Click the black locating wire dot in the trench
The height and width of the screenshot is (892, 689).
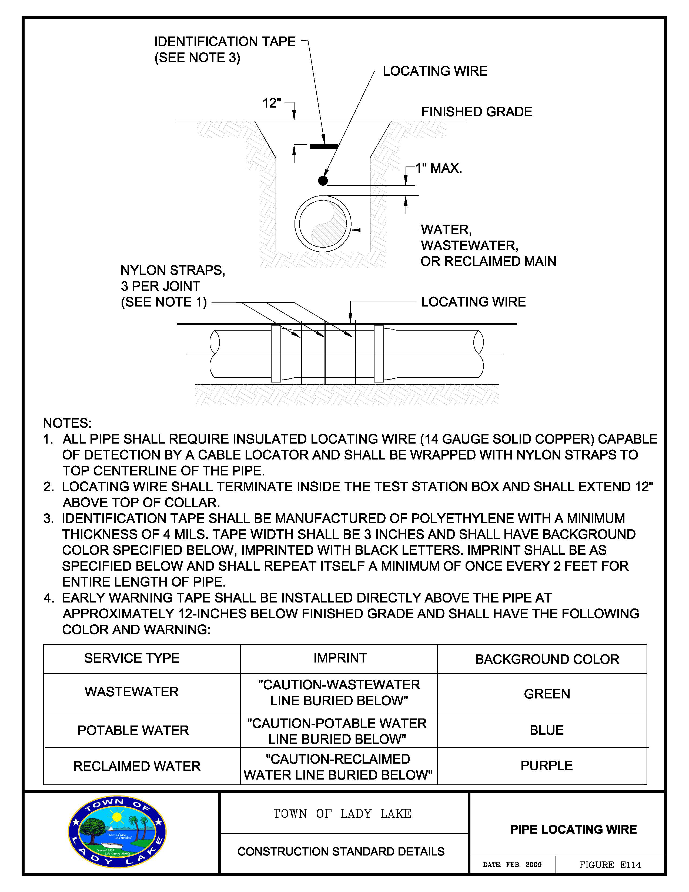tap(323, 181)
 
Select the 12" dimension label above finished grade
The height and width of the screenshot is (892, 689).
tap(272, 103)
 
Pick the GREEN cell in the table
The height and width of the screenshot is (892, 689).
tap(547, 694)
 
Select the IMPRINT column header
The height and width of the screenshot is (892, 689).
tap(340, 658)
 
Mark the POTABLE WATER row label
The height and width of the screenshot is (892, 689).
tap(133, 730)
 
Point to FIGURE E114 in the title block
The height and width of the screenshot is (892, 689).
tap(610, 865)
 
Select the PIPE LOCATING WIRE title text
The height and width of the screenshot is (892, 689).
tap(573, 830)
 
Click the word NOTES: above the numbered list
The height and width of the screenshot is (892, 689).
tap(67, 423)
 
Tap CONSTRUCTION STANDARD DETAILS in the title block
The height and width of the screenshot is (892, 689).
tap(341, 851)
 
